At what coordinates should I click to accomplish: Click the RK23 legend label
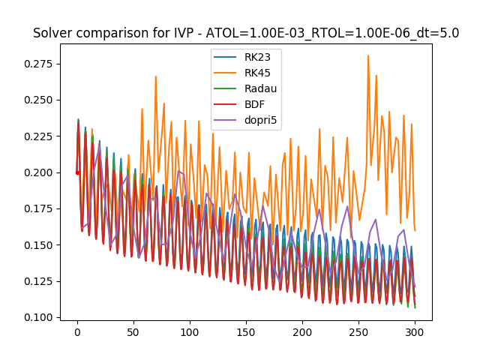pos(256,56)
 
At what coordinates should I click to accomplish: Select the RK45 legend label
pos(256,72)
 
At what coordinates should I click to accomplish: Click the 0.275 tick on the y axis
pos(38,64)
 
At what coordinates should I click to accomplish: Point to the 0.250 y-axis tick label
pos(38,100)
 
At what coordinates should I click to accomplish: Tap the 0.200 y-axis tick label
pos(38,172)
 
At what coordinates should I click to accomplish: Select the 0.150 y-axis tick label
pos(38,245)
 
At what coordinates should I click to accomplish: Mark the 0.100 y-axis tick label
pos(38,317)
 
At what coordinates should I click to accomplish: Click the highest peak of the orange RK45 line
pos(368,55)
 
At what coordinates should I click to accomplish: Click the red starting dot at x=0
pos(77,172)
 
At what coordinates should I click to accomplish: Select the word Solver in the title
pos(52,33)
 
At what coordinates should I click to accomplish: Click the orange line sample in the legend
pos(226,72)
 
